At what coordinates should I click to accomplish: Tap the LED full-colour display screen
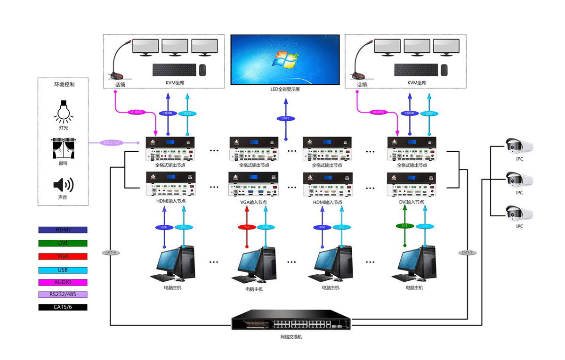[x=285, y=60]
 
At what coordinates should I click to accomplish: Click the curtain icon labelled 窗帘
[x=63, y=148]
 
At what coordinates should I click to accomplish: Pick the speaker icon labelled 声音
[x=63, y=184]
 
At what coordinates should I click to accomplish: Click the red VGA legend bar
[x=63, y=256]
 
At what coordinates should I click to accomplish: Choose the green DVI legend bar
[x=63, y=243]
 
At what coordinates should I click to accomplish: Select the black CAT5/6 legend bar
[x=63, y=307]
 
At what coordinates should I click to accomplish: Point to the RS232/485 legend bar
[x=63, y=295]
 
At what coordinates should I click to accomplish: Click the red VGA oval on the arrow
[x=246, y=227]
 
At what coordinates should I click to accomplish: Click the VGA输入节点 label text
[x=253, y=202]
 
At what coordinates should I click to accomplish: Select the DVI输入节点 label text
[x=410, y=202]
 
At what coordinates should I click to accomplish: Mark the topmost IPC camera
[x=519, y=146]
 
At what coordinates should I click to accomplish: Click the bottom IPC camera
[x=519, y=213]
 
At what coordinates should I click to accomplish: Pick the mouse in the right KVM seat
[x=444, y=70]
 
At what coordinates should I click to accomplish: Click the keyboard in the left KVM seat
[x=174, y=70]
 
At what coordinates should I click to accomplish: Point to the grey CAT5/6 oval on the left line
[x=111, y=253]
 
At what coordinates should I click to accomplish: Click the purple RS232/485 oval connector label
[x=112, y=142]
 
